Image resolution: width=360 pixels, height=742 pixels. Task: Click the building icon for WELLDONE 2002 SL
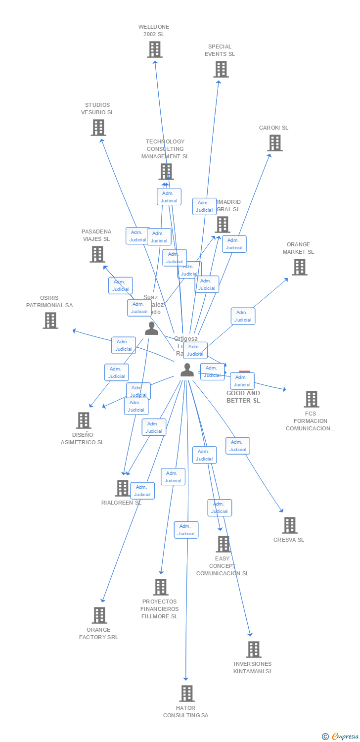(x=155, y=49)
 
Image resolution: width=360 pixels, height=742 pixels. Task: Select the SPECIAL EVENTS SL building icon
(x=221, y=69)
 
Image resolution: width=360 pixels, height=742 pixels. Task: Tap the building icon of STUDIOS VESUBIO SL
(x=98, y=128)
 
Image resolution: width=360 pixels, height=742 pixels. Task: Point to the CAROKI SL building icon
(x=275, y=143)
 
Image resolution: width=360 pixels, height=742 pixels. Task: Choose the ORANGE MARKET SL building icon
(x=299, y=267)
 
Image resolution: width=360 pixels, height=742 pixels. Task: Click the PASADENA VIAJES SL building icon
(x=97, y=254)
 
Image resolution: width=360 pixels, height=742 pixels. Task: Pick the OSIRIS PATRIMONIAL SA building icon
(x=50, y=321)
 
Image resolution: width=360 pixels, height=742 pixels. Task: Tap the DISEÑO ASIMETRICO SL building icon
(x=84, y=420)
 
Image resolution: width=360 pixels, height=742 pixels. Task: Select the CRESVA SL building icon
(x=289, y=525)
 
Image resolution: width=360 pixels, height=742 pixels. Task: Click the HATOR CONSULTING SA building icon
(x=186, y=694)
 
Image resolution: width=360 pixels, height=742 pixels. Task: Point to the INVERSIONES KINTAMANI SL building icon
(x=253, y=649)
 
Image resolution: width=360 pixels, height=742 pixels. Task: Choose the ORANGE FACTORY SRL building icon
(x=99, y=615)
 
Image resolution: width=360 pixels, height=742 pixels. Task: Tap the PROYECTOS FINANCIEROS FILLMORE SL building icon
(x=160, y=587)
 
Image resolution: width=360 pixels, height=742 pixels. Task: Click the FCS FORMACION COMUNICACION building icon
(x=311, y=399)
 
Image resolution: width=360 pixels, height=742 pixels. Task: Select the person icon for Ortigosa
(x=187, y=370)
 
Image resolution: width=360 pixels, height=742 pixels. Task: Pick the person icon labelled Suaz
(x=151, y=328)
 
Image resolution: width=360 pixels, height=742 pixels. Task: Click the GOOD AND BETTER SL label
(x=243, y=397)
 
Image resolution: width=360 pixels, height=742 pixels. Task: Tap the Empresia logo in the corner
(x=340, y=737)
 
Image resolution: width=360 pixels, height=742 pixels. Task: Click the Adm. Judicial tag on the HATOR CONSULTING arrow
(x=186, y=530)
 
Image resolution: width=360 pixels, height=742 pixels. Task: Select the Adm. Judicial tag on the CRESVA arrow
(x=237, y=446)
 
